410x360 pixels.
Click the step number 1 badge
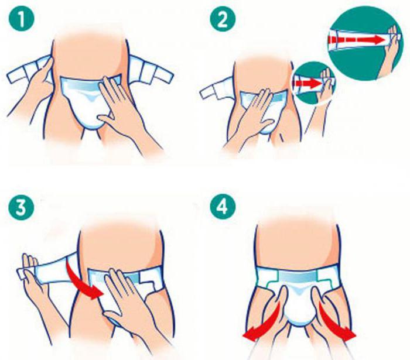(22, 19)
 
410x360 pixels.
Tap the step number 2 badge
(223, 19)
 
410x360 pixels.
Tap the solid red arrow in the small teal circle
(307, 84)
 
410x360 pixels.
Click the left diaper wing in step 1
(29, 71)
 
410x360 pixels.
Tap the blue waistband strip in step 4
(298, 276)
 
